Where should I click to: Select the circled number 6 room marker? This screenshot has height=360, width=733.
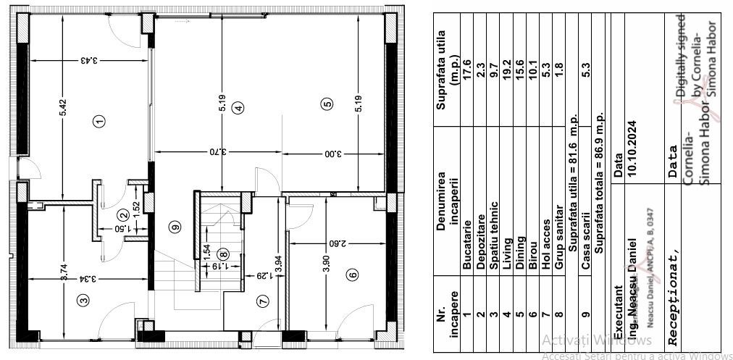[352, 275]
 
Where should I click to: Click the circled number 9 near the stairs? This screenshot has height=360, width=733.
[174, 227]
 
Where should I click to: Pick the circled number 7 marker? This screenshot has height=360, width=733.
[262, 301]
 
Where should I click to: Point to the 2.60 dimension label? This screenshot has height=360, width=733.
[335, 243]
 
